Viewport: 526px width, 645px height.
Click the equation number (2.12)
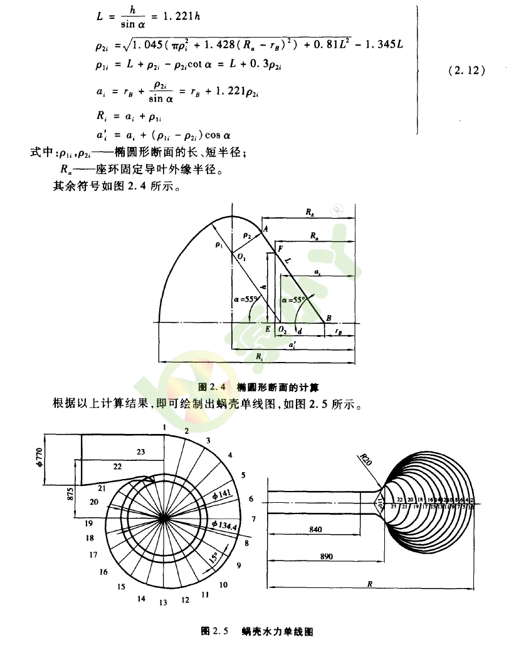(x=467, y=71)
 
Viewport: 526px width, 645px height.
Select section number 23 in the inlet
(x=140, y=452)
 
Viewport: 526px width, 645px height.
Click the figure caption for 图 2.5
(x=256, y=631)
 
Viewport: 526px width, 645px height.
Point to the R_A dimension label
(x=310, y=213)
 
